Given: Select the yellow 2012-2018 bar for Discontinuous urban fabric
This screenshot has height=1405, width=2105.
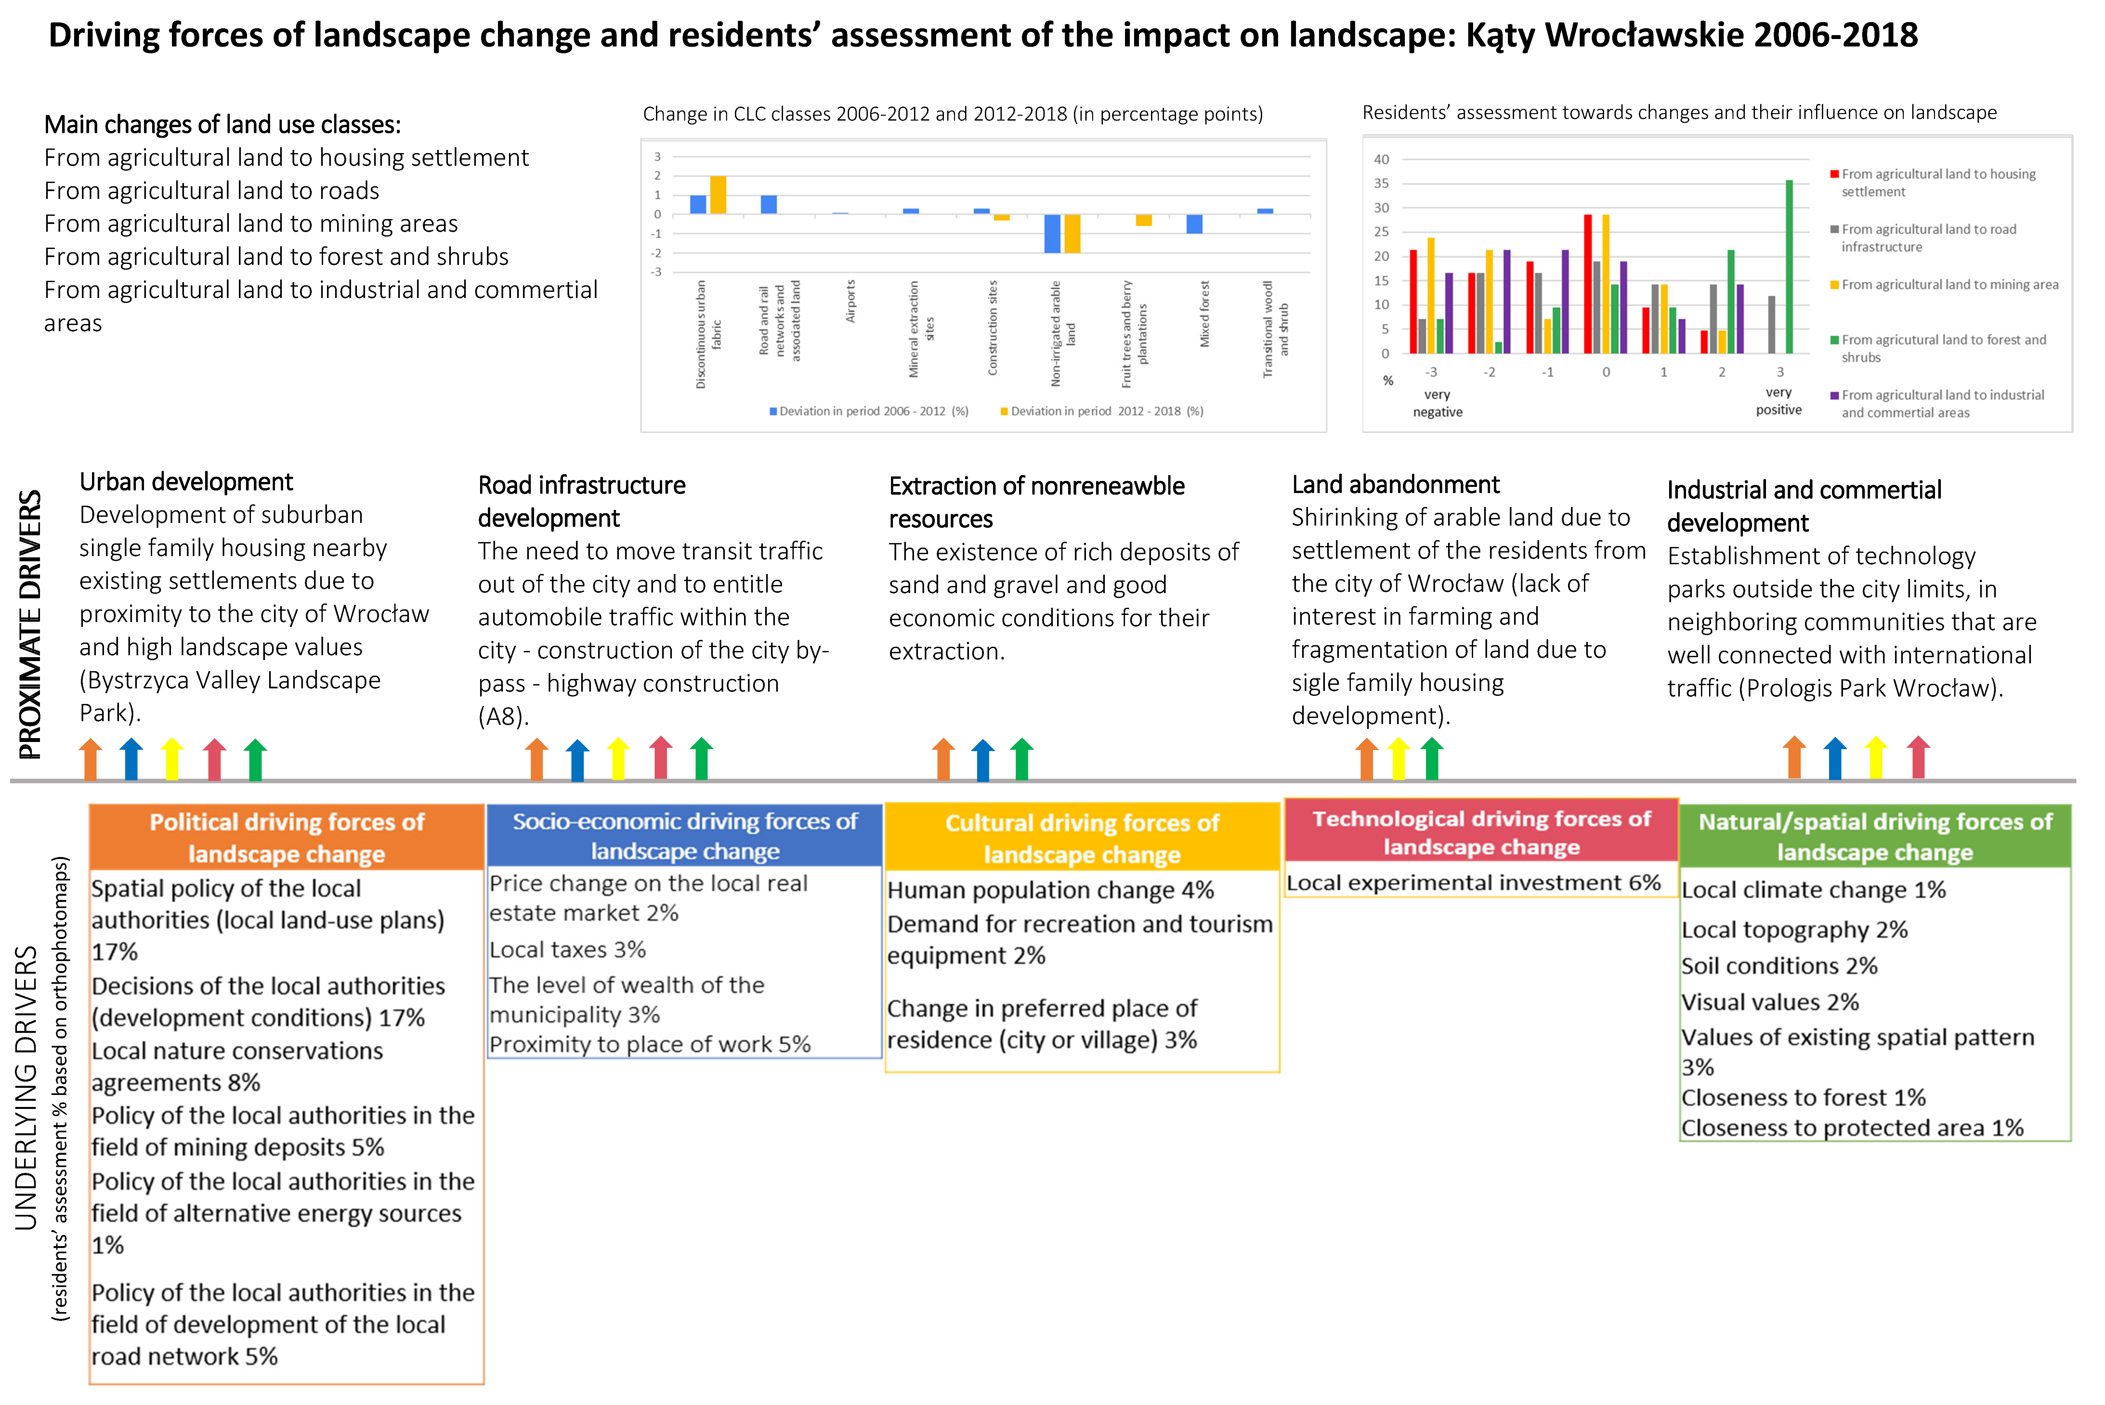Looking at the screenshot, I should coord(718,195).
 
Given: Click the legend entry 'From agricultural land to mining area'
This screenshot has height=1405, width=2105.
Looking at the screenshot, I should coord(1949,285).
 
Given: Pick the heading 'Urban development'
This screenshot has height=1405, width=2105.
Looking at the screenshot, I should coord(186,482).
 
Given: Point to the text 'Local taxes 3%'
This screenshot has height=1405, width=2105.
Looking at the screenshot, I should coord(567,950).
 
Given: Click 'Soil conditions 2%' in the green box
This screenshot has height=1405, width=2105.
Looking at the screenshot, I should coord(1779,966).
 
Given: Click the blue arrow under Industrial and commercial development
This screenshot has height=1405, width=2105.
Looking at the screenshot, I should coord(1834,758).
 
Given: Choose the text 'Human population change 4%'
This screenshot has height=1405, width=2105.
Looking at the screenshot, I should coord(1050,891).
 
